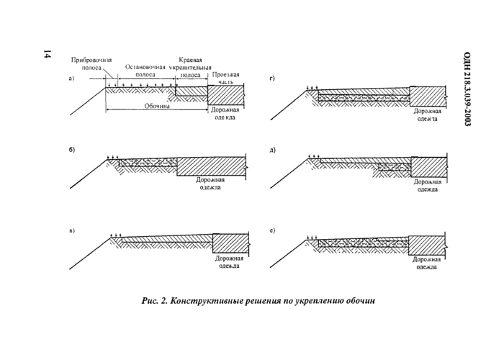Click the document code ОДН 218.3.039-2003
point(466,90)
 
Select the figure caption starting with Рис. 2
point(258,301)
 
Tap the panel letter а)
point(71,78)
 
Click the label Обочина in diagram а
point(156,105)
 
